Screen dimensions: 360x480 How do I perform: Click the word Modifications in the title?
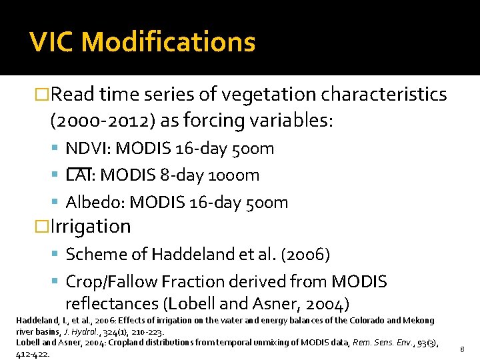click(x=169, y=42)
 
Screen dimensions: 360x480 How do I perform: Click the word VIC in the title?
click(x=53, y=42)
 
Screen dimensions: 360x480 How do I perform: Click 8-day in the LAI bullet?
click(x=177, y=175)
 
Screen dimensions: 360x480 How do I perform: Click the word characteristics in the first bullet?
click(x=384, y=95)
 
